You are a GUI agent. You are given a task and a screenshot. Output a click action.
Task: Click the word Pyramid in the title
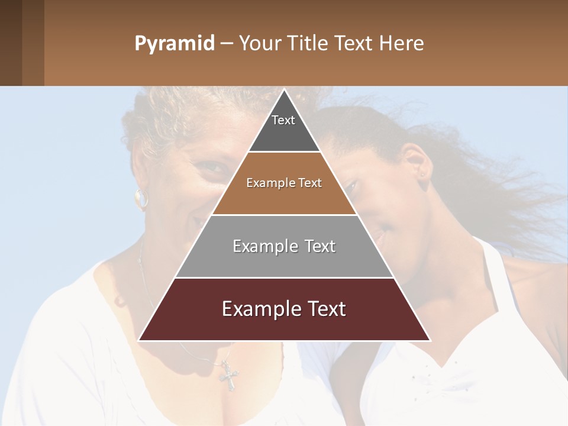[x=174, y=44]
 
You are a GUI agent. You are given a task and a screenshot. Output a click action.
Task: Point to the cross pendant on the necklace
[x=228, y=375]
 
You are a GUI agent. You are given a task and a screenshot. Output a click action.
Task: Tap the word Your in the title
[x=258, y=44]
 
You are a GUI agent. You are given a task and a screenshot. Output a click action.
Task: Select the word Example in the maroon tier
[x=256, y=309]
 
